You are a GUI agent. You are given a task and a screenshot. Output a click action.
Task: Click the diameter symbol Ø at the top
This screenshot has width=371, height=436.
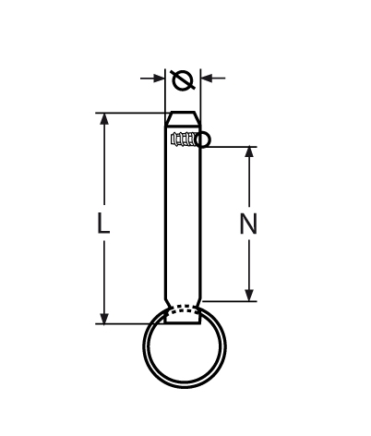click(x=183, y=80)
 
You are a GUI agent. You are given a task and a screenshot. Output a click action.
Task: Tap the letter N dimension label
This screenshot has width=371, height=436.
click(x=247, y=224)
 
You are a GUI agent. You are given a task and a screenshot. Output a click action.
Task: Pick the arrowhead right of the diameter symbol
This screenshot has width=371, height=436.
click(x=208, y=79)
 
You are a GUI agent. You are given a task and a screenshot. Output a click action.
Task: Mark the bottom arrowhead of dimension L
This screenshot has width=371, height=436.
click(x=104, y=317)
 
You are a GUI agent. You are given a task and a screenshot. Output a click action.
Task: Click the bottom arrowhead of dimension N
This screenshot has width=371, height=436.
click(x=249, y=294)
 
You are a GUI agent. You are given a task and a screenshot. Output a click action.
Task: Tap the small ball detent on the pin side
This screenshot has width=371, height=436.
click(x=203, y=139)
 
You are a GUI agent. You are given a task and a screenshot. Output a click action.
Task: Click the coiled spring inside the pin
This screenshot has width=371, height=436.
click(x=183, y=139)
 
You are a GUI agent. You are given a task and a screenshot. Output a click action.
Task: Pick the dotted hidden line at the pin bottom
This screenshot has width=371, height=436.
click(x=184, y=309)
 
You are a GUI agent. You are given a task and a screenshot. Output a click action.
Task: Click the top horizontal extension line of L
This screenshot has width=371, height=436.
click(x=129, y=113)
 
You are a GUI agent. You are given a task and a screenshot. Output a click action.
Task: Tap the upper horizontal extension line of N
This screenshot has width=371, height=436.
click(x=231, y=146)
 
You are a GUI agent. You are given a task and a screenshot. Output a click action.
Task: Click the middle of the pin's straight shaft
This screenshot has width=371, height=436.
click(x=183, y=222)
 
